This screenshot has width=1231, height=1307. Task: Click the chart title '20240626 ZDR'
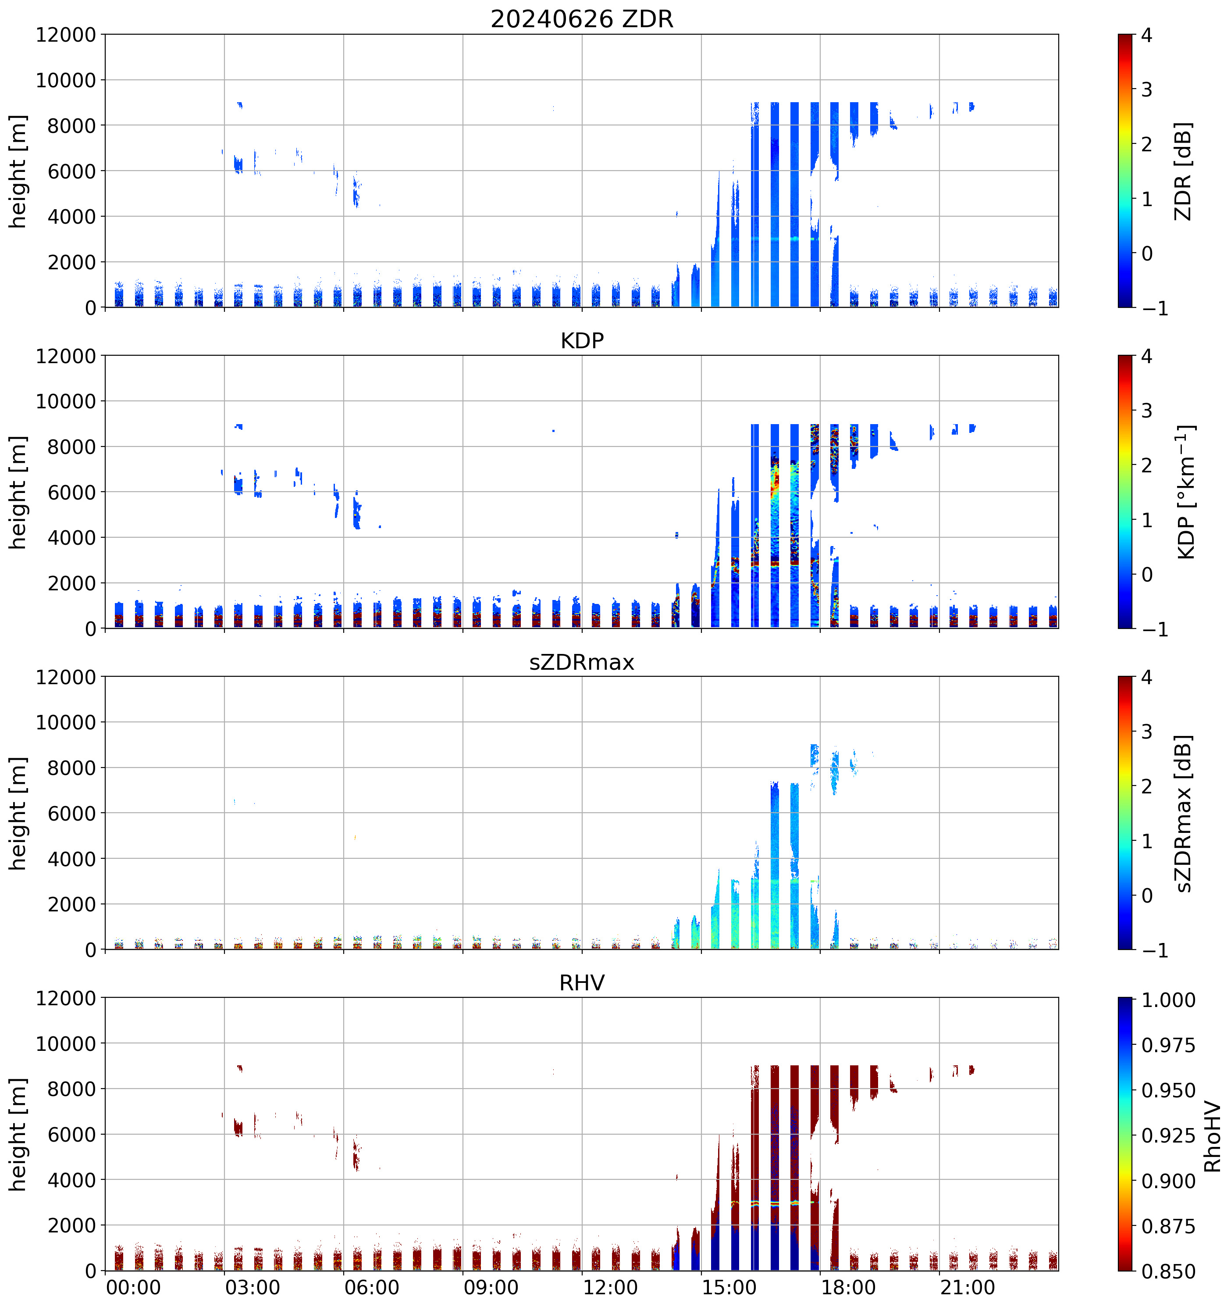[582, 19]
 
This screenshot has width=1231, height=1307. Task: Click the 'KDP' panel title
[582, 340]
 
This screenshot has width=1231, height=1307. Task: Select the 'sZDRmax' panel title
[582, 661]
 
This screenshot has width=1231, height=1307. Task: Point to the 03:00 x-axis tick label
[253, 1287]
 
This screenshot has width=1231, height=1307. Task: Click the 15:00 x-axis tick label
[729, 1287]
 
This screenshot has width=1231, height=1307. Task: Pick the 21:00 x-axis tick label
[967, 1287]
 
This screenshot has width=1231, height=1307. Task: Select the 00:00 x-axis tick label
[133, 1287]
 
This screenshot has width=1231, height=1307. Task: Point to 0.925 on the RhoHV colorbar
[1168, 1136]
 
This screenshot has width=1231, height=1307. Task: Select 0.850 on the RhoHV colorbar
[1168, 1271]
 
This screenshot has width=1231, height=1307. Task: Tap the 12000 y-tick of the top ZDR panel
[66, 35]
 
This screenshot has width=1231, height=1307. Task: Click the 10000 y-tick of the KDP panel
[66, 401]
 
